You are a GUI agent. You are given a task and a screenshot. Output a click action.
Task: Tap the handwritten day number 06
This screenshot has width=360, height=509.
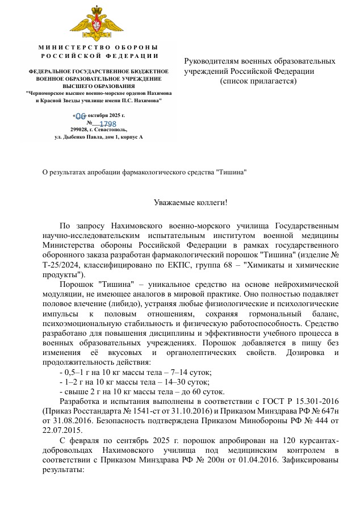pos(80,116)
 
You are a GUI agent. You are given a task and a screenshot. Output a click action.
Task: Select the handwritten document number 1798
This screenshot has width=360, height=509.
pos(107,124)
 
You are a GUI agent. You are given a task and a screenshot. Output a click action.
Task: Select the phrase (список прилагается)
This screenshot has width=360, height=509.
pos(258,81)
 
